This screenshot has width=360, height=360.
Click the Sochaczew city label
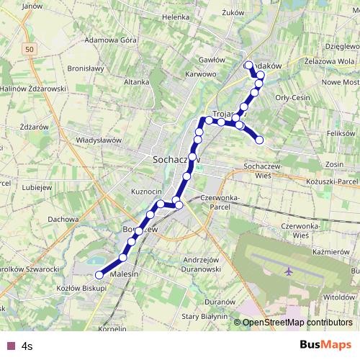(174, 159)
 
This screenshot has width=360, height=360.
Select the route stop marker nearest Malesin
(99, 274)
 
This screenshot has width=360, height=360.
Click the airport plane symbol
(289, 272)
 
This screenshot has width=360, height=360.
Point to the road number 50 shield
(27, 48)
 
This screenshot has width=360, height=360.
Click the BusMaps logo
(325, 345)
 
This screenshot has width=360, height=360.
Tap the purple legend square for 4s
(9, 346)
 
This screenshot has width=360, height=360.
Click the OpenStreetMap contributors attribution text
(297, 323)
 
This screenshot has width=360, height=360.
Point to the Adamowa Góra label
(110, 40)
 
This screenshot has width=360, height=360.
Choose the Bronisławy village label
(87, 69)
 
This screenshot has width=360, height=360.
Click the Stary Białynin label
(204, 316)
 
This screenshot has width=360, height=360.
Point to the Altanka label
(136, 83)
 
